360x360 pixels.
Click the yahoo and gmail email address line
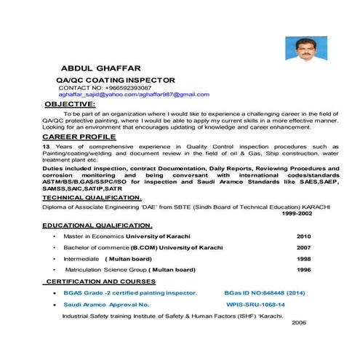[134, 95]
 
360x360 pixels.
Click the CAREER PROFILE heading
[79, 136]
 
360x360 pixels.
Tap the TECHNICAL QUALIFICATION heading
[92, 197]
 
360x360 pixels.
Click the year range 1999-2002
[299, 214]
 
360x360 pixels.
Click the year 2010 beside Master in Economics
[303, 236]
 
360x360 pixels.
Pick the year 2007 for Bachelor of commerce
[303, 247]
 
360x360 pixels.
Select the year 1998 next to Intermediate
[303, 258]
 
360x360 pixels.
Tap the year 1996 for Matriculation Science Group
[303, 269]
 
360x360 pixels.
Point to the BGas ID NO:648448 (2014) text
[265, 292]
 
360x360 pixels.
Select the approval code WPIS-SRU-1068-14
[255, 304]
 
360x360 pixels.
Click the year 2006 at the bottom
[298, 322]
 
